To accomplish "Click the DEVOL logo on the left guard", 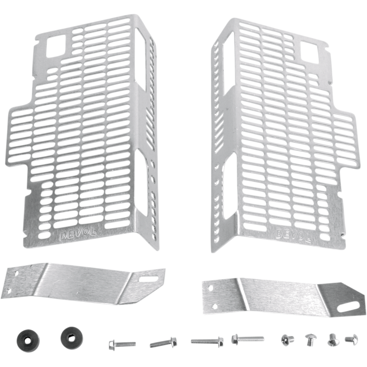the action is click(78, 234).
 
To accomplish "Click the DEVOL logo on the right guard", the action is click(293, 235).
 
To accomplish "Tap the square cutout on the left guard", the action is click(56, 46).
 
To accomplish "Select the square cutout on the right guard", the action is click(310, 52).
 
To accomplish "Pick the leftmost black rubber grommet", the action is click(28, 340).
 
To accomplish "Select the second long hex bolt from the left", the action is click(163, 343).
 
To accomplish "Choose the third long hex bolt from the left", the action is click(207, 341).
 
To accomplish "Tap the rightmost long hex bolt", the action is click(248, 339).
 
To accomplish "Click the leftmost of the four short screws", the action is click(288, 340).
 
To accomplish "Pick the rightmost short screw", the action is click(351, 339).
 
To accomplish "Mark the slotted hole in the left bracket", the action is click(149, 278).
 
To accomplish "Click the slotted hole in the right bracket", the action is click(349, 306).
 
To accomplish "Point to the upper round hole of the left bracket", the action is click(17, 273).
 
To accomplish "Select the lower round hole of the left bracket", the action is click(9, 291).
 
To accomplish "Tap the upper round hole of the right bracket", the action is click(211, 288).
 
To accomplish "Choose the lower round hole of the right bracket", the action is click(215, 306).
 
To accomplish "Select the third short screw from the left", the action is click(334, 340).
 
